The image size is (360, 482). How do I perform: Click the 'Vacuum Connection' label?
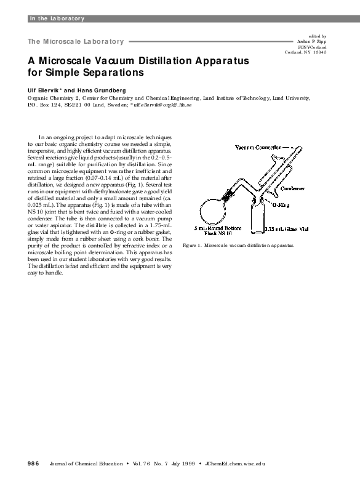coord(258,148)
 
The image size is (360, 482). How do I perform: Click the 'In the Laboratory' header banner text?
coord(57,18)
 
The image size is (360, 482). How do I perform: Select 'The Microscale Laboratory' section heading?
coord(76,41)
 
